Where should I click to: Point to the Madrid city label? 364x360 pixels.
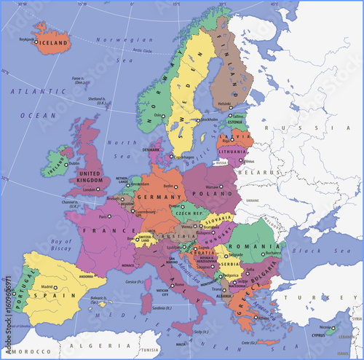(47, 287)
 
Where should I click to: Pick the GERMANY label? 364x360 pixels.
(154, 197)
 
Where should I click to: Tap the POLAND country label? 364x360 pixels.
(211, 195)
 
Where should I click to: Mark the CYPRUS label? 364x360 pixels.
(319, 337)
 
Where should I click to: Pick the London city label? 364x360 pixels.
(90, 190)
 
